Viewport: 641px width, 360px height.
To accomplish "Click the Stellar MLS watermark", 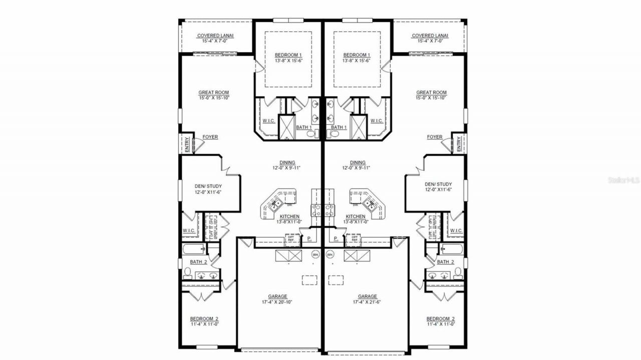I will point(623,180).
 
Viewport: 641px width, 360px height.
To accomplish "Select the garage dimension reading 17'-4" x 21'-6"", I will point(368,302).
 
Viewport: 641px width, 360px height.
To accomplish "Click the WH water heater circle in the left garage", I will point(315,255).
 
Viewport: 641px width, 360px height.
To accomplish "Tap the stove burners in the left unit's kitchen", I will point(315,210).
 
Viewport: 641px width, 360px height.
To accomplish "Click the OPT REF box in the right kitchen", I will point(355,239).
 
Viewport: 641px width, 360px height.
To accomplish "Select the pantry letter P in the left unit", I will point(309,239).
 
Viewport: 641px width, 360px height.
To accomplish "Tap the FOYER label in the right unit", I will point(435,137).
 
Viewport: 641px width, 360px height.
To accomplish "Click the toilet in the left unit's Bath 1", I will point(310,134).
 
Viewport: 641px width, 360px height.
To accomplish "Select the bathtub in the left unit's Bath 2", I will point(193,249).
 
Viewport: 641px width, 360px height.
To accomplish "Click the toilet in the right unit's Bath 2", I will point(458,273).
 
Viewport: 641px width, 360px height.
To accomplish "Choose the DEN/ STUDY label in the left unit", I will point(208,188).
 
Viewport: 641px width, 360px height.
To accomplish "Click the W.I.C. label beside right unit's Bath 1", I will point(377,121).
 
